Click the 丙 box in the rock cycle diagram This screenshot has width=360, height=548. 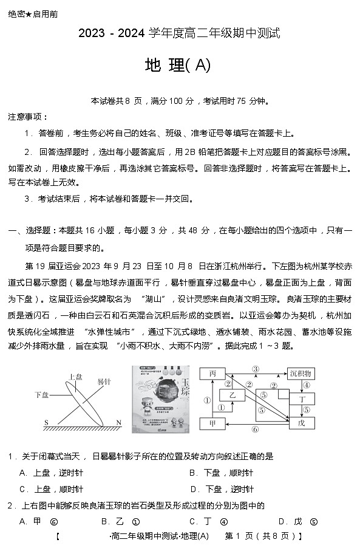pyautogui.click(x=212, y=374)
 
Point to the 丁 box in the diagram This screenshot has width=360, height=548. pyautogui.click(x=302, y=398)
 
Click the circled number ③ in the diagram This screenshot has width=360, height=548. pyautogui.click(x=256, y=369)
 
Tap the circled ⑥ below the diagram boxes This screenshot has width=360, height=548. pyautogui.click(x=255, y=429)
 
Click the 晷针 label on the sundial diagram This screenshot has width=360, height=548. pyautogui.click(x=104, y=380)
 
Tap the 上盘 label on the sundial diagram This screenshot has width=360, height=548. pyautogui.click(x=76, y=377)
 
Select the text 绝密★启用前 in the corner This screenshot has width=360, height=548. pyautogui.click(x=33, y=14)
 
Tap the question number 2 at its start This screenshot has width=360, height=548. pyautogui.click(x=10, y=505)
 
